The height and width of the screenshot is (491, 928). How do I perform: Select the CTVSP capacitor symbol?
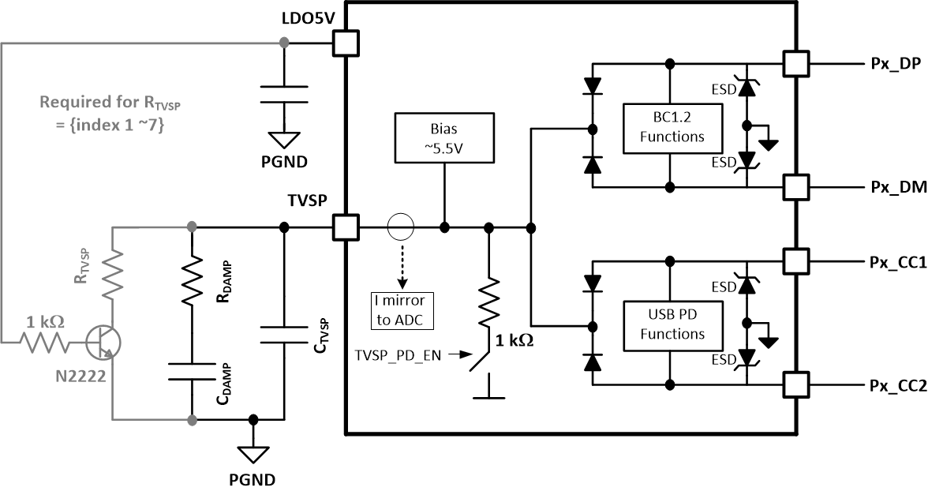coord(284,332)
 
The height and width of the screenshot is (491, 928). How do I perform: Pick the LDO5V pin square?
coord(346,43)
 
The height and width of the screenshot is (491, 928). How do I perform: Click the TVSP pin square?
coord(346,228)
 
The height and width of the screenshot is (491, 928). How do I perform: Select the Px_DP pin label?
coord(892,66)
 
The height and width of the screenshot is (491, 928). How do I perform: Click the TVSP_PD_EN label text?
coord(397,355)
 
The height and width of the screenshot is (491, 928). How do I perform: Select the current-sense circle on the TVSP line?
coord(401,228)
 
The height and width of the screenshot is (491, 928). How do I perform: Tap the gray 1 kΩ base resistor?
coord(46,342)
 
